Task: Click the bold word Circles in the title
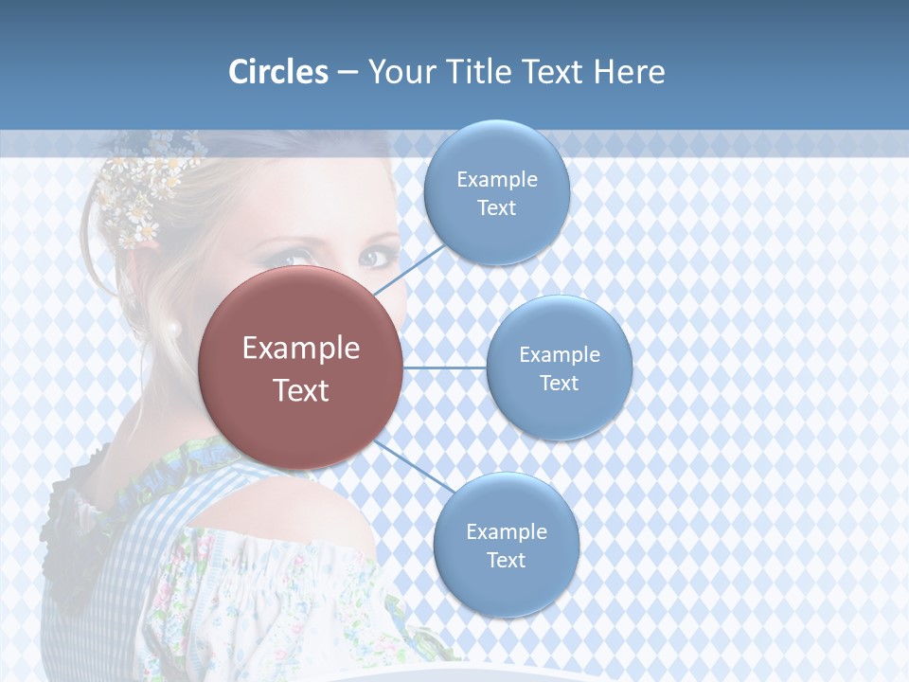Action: [278, 72]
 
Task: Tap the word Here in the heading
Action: [630, 72]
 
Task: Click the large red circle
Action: [301, 368]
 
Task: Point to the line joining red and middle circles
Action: [445, 368]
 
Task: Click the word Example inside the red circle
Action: [301, 349]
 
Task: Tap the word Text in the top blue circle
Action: [496, 208]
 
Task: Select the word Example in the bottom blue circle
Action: [506, 532]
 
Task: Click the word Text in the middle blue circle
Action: [559, 384]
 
